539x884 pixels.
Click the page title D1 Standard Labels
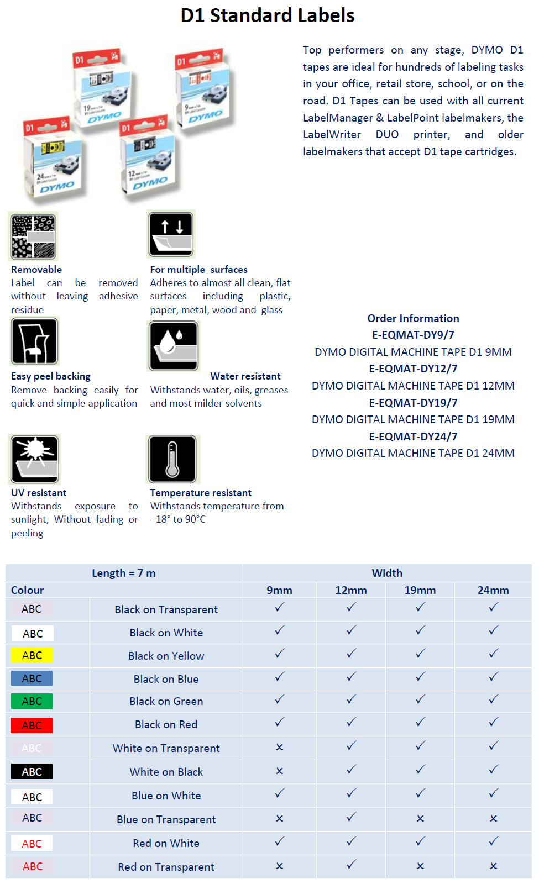coord(268,15)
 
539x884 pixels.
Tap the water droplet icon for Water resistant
coord(174,346)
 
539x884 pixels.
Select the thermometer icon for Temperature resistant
coord(172,459)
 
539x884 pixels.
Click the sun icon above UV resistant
coord(34,459)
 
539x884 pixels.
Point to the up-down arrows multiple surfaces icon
coord(171,234)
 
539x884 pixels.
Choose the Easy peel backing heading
coord(51,376)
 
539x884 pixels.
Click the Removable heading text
coord(36,270)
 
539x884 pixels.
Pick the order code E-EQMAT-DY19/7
coord(413,403)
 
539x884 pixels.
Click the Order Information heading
coord(413,318)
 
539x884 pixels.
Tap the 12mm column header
coord(351,590)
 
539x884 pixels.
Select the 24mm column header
coord(493,590)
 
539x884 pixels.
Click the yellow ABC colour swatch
coord(32,655)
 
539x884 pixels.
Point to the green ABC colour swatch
coord(32,701)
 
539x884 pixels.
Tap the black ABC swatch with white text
coord(32,772)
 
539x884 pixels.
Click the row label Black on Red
coord(166,724)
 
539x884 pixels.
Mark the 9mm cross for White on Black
coord(280,771)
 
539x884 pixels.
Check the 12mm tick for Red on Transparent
coord(351,865)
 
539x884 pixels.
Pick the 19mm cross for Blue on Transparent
coord(420,818)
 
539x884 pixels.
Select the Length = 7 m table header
coord(124,573)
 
